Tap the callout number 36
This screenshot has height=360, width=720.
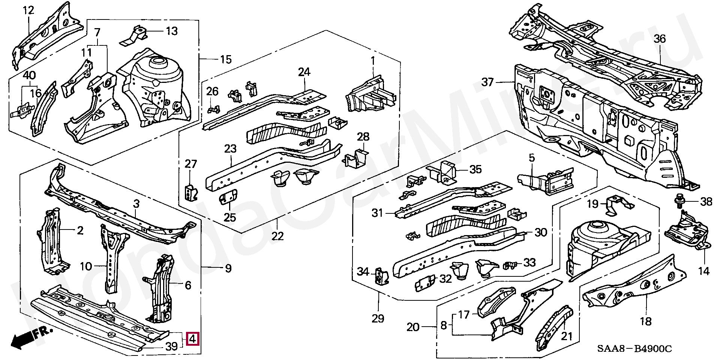click(660, 39)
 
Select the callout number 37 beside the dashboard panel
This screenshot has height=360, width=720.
click(487, 82)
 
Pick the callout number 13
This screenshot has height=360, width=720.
click(172, 31)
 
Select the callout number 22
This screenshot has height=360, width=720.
click(277, 236)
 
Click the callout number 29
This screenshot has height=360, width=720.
click(378, 319)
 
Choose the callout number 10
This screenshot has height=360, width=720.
click(86, 267)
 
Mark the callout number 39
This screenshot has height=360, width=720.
click(171, 346)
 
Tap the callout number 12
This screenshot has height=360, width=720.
click(29, 10)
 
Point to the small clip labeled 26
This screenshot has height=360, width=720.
click(213, 109)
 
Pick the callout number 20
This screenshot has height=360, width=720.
click(413, 327)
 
